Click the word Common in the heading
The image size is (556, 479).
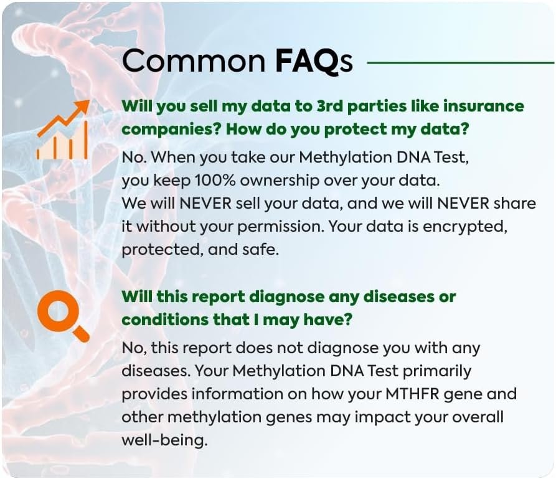194,61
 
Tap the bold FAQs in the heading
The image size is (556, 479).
314,62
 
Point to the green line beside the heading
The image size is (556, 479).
461,63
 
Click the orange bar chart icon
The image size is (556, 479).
62,130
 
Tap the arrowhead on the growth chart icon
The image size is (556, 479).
82,106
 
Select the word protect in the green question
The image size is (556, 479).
355,129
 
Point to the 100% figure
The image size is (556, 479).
215,181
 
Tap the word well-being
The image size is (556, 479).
164,440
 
